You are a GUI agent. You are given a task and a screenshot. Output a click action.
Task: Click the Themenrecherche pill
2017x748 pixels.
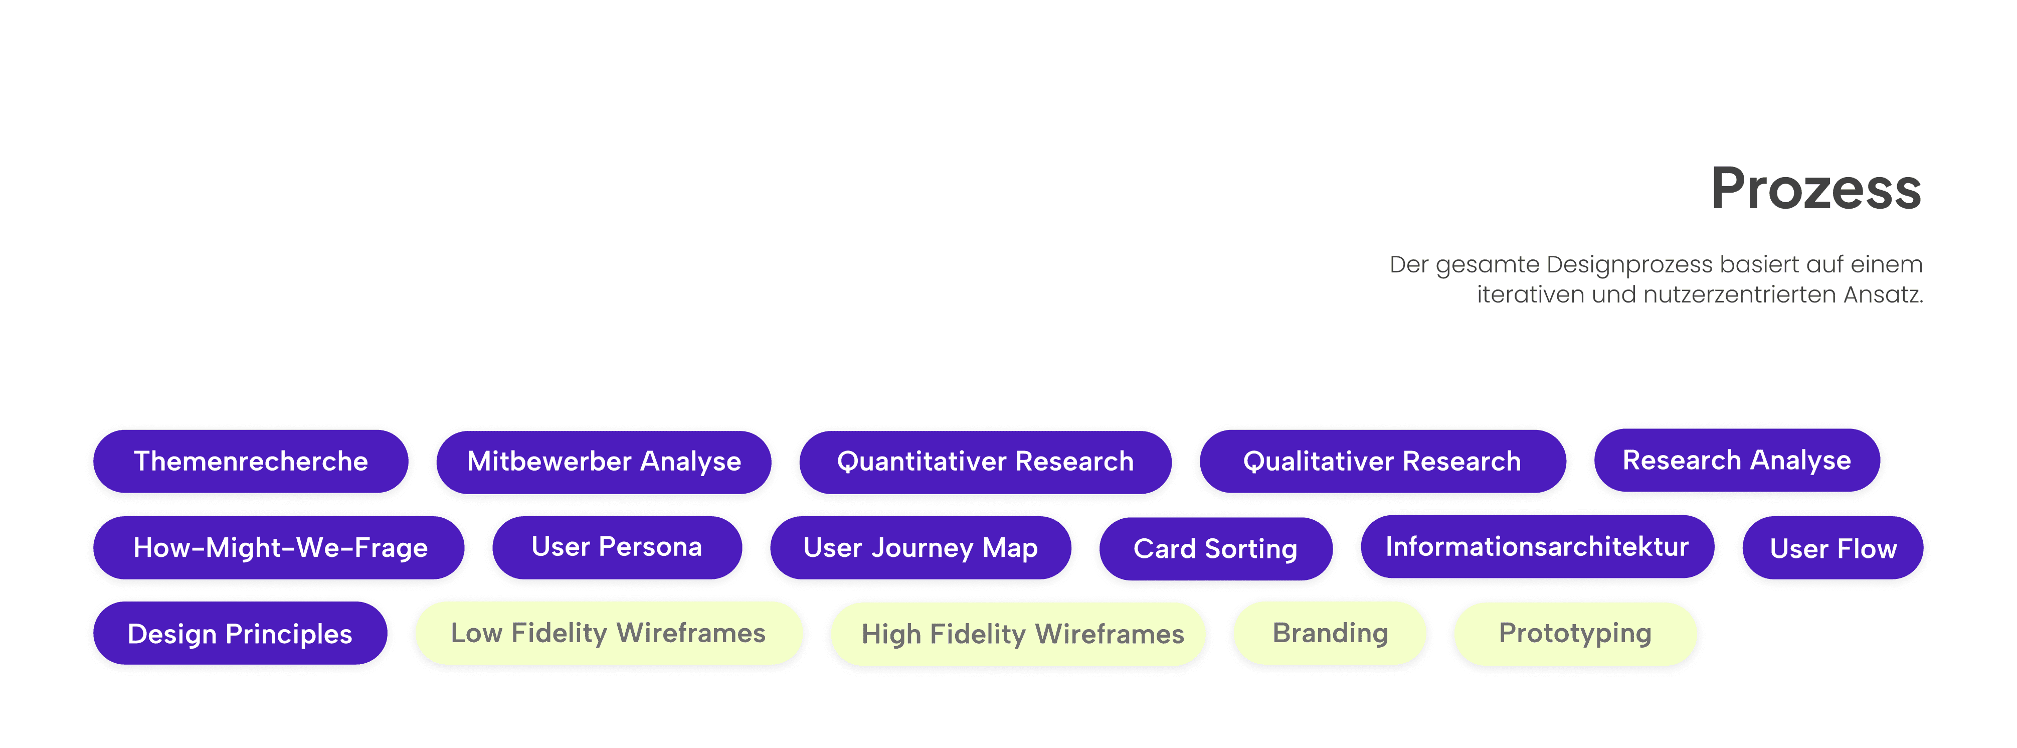tap(251, 462)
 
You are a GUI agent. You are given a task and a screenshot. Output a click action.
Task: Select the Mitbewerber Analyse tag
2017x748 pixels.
tap(604, 462)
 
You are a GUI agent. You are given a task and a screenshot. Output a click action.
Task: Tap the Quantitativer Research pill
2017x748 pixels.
tap(985, 462)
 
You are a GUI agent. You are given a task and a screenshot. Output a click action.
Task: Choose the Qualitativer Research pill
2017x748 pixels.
tap(1382, 462)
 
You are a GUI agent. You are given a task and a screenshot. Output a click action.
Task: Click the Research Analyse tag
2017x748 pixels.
tap(1737, 461)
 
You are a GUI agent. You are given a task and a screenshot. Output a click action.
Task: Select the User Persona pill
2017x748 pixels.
tap(617, 547)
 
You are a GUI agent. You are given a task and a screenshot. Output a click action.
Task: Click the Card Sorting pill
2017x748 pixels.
tap(1215, 549)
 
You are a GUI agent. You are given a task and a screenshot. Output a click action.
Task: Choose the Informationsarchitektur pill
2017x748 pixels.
tap(1537, 547)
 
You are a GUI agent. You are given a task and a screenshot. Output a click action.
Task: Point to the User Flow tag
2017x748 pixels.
tap(1833, 548)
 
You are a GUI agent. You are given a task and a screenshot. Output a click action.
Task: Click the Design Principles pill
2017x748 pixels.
tap(240, 634)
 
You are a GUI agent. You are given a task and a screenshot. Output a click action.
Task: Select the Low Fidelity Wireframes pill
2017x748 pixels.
tap(608, 633)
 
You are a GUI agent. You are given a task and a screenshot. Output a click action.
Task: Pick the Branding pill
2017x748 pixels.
tap(1330, 633)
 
